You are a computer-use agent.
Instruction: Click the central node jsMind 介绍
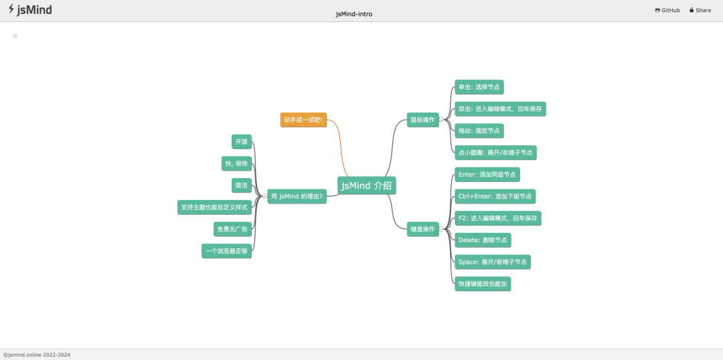tap(367, 186)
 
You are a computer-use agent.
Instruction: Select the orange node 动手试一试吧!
tap(303, 120)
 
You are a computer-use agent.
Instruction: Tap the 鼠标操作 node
tap(423, 120)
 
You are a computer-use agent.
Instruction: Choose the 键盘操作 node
tap(423, 229)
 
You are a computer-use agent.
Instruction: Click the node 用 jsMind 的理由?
tap(297, 196)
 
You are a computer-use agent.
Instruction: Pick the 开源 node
tap(242, 142)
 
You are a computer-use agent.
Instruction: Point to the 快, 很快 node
tap(236, 164)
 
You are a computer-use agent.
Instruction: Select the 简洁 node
tap(242, 185)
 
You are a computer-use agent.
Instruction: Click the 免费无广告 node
tap(232, 229)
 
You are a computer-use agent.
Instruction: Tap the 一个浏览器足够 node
tap(226, 251)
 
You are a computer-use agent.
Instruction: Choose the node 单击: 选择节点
tap(479, 87)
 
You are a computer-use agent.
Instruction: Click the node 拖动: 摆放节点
tap(479, 130)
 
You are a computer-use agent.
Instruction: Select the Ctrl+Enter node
tap(495, 196)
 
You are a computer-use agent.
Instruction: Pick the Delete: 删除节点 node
tap(483, 240)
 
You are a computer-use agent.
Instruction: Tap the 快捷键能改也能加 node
tap(483, 284)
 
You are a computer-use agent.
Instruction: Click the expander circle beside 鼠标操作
tap(441, 120)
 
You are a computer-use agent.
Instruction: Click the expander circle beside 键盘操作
tap(441, 229)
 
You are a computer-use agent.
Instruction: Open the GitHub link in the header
tap(667, 10)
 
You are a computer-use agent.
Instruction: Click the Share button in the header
tap(700, 10)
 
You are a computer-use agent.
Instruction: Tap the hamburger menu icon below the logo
tap(15, 36)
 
